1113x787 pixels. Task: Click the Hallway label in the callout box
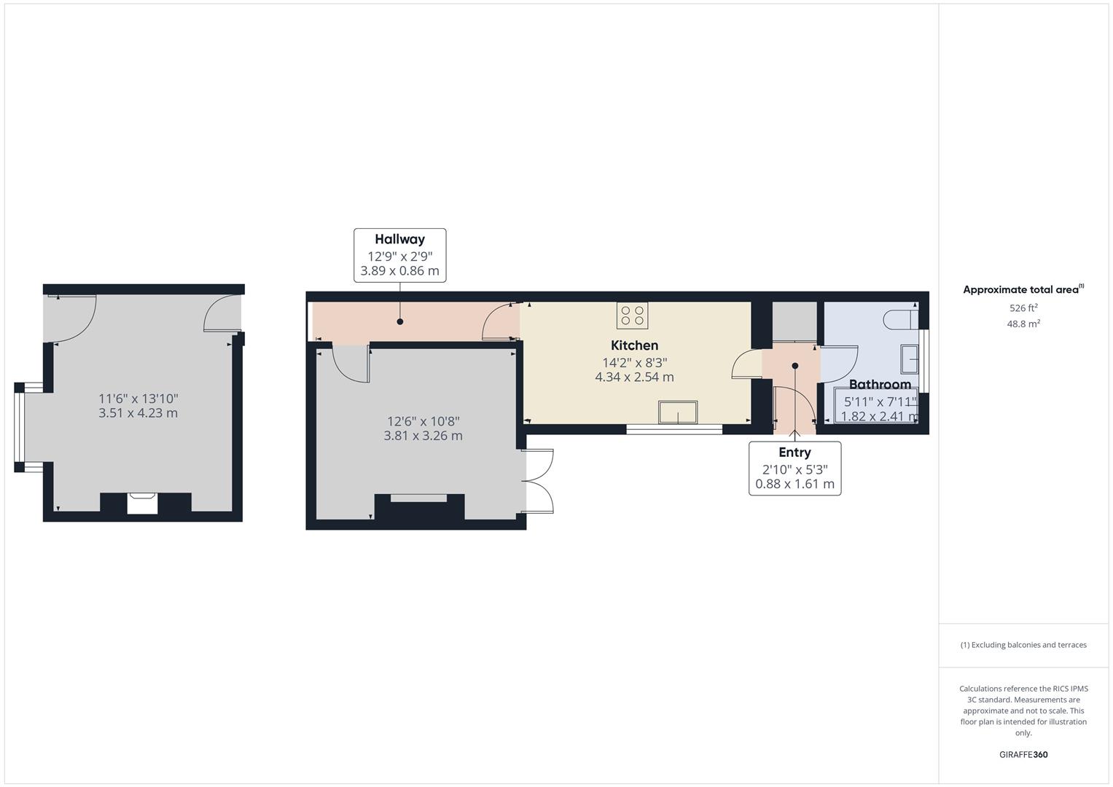pos(399,239)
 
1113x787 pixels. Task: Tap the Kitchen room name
pos(634,345)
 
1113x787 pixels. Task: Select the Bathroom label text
pos(880,384)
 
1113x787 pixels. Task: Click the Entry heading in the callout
pos(794,452)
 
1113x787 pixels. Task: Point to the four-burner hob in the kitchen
pos(632,316)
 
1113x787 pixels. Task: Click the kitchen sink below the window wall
pos(678,412)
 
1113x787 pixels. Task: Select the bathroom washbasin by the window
pos(910,359)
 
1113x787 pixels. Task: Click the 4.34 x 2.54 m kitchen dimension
pos(634,377)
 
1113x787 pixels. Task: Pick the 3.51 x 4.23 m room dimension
pos(138,413)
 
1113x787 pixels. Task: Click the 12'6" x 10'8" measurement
pos(423,421)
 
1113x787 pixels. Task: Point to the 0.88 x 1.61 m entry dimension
pos(794,484)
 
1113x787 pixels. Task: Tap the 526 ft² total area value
pos(1023,308)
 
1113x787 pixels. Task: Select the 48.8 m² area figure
pos(1023,324)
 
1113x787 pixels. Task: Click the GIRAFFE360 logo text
pos(1023,754)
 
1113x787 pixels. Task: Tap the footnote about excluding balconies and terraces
pos(1023,645)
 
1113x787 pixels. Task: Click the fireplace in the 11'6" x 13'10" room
pos(142,504)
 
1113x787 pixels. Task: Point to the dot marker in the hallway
pos(399,321)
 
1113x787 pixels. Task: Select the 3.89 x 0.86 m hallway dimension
pos(399,272)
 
